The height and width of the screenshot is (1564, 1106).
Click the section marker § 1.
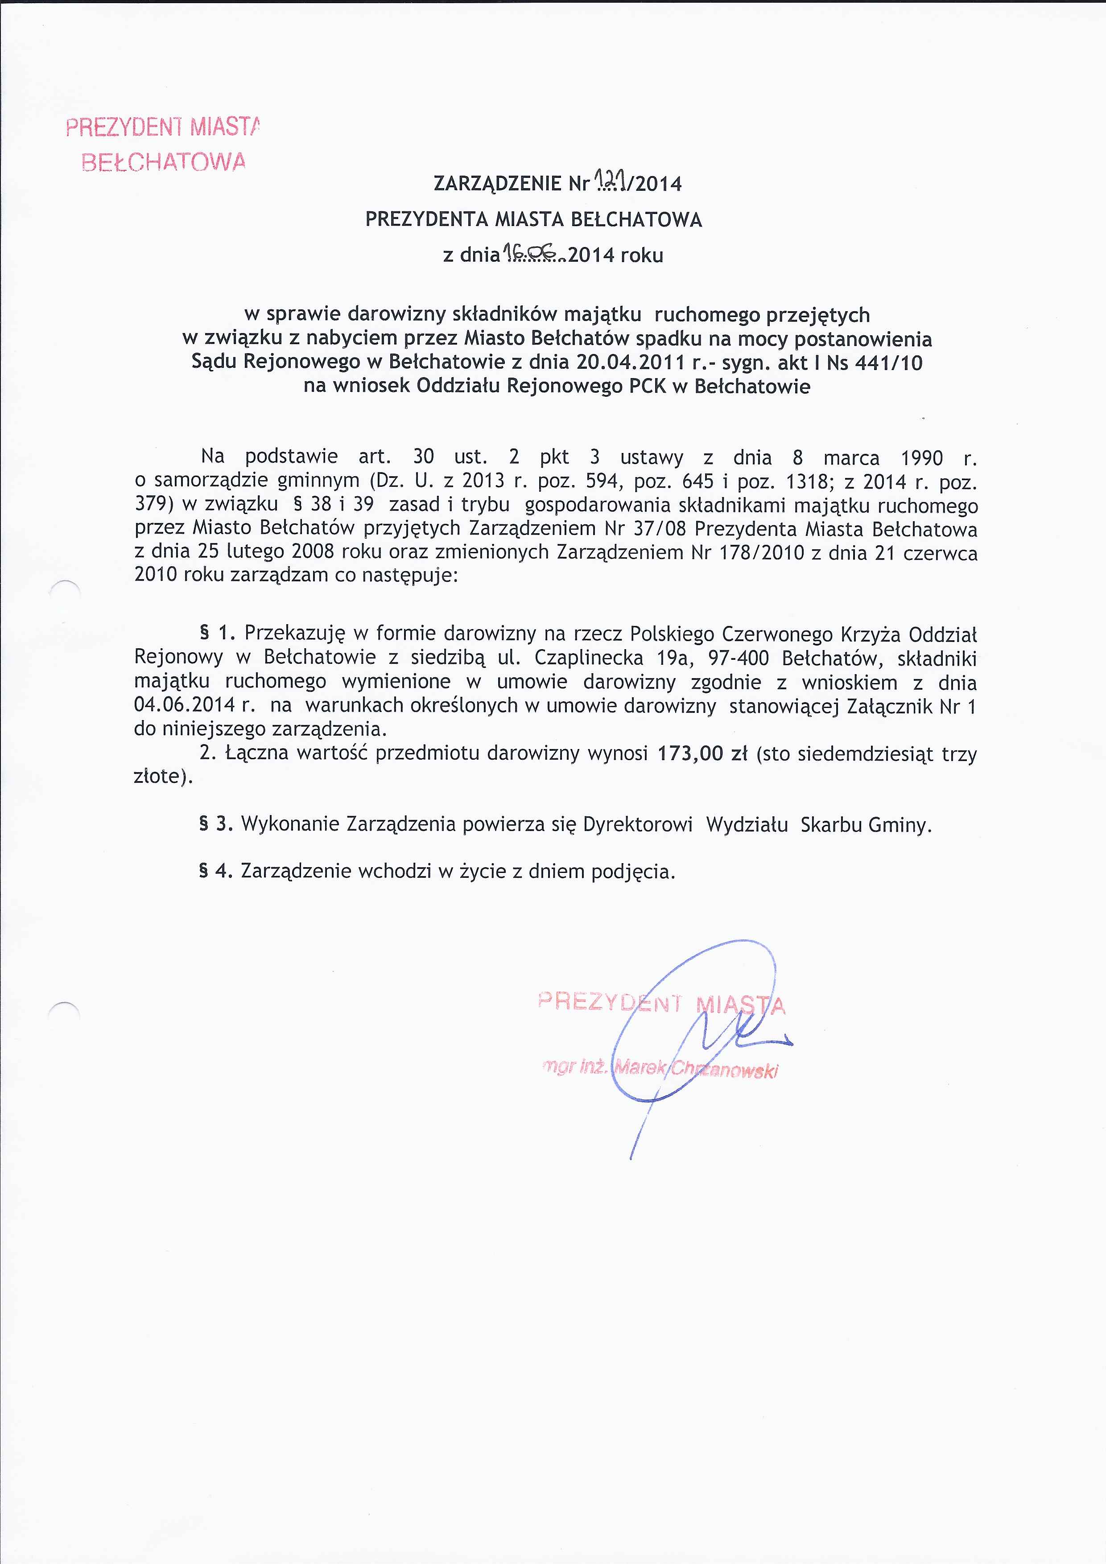click(x=217, y=634)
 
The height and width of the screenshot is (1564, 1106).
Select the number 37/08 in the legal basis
click(x=655, y=529)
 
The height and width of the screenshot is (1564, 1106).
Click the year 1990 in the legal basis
click(x=921, y=458)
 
